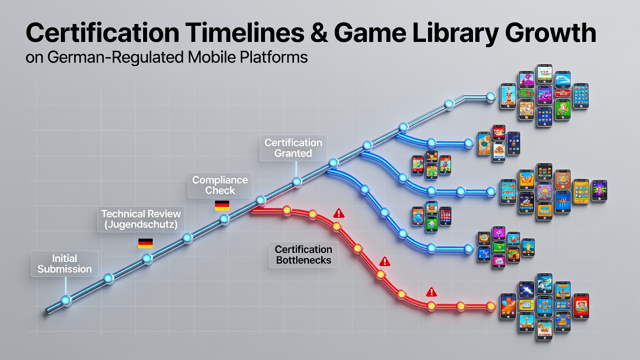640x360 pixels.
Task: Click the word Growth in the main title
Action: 550,33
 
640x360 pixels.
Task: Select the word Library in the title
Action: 455,33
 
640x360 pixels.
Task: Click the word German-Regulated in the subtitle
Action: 115,57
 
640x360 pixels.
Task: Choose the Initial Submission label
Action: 65,263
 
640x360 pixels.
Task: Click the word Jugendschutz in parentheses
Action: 141,224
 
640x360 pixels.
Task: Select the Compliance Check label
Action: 220,185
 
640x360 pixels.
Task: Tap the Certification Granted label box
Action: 293,148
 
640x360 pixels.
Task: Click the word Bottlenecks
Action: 303,260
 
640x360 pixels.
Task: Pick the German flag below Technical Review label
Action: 145,243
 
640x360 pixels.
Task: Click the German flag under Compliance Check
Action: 222,205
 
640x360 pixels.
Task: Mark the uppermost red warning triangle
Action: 339,213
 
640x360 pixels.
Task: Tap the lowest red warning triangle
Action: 431,292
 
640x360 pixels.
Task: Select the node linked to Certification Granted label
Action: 297,181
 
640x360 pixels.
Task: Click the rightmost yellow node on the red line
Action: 491,306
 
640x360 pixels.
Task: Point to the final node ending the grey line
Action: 491,96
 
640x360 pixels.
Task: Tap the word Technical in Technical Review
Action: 122,213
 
